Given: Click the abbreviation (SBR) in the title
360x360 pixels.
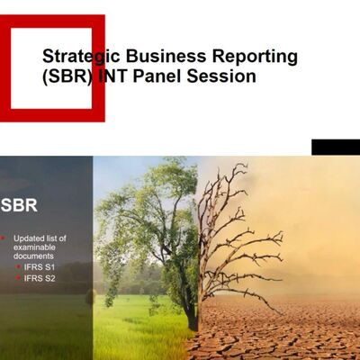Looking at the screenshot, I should [x=67, y=76].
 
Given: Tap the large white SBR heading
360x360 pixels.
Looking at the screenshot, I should [x=19, y=205].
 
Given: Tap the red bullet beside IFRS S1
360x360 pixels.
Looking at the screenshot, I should [x=18, y=267].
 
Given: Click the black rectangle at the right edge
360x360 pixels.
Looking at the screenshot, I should [x=335, y=148].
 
